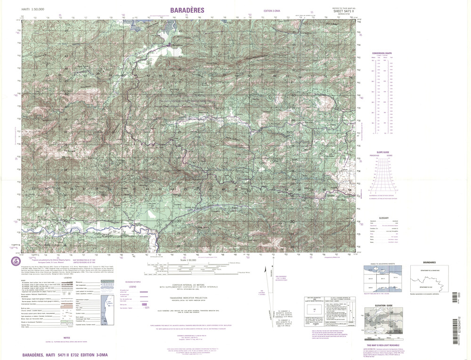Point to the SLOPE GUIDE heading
point(382,152)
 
